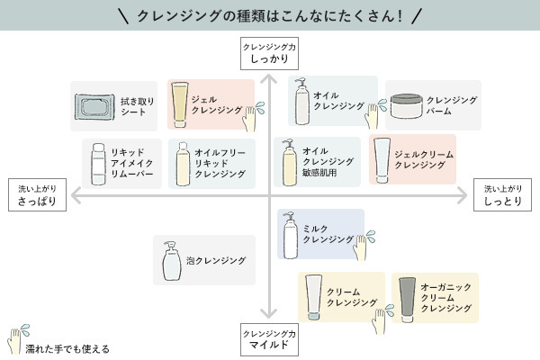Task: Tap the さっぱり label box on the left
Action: click(37, 196)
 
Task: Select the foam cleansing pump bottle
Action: click(170, 262)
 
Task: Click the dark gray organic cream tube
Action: click(407, 298)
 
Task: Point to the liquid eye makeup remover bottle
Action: click(98, 163)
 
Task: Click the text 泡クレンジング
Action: click(216, 261)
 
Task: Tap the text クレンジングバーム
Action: click(452, 105)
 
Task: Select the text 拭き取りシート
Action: click(138, 107)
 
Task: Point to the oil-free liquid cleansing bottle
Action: click(183, 164)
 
